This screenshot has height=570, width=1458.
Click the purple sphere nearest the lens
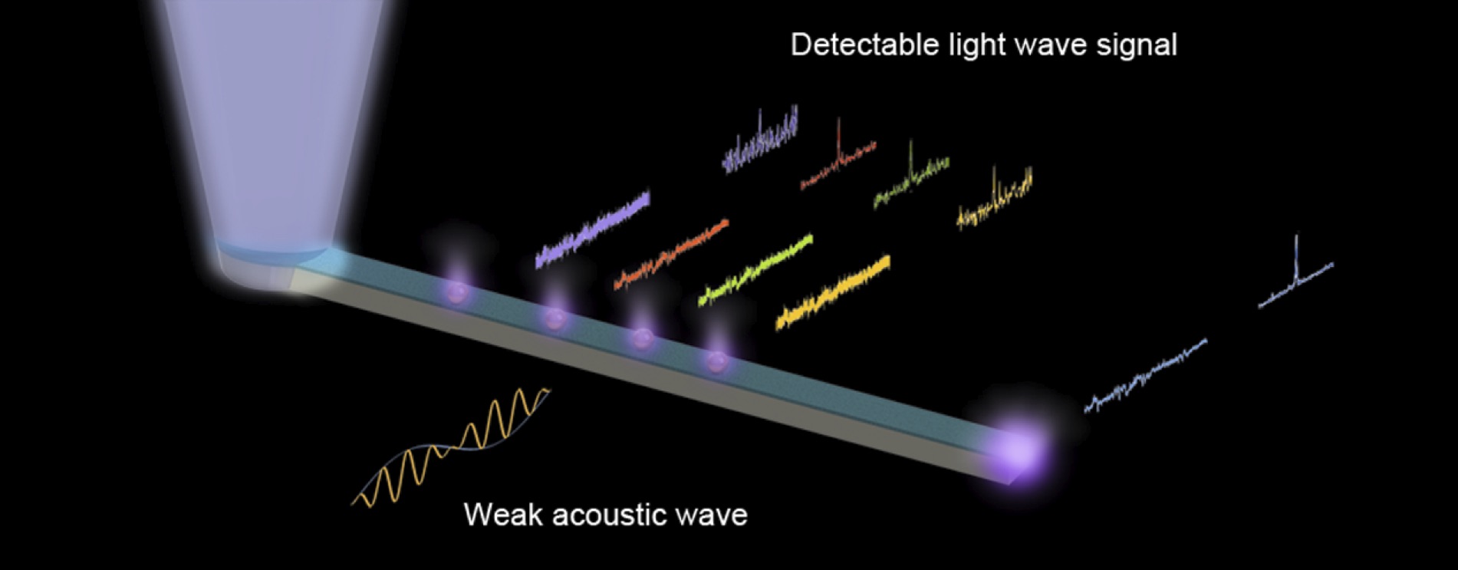(x=456, y=292)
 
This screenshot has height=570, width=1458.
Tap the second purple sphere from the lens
(x=555, y=318)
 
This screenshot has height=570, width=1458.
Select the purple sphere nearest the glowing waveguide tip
(x=717, y=361)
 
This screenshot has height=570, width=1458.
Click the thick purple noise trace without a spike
(x=593, y=229)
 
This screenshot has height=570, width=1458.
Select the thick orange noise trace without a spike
(x=671, y=255)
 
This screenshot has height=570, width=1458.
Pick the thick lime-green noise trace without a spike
(x=755, y=271)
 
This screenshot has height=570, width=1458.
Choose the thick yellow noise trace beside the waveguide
(x=834, y=292)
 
